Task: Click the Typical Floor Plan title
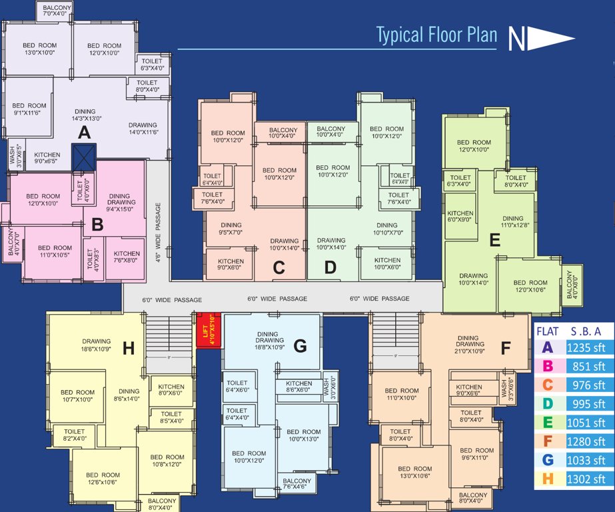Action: click(x=436, y=35)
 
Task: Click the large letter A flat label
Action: click(x=84, y=133)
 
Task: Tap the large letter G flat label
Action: click(x=300, y=346)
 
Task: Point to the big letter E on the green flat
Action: click(x=494, y=241)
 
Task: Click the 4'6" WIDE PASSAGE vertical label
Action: click(x=158, y=225)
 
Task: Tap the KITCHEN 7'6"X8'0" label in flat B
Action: click(x=127, y=257)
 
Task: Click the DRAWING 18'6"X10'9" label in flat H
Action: click(x=97, y=345)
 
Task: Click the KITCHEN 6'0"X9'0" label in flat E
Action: click(x=460, y=217)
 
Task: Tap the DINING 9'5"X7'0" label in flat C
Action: click(x=231, y=229)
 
